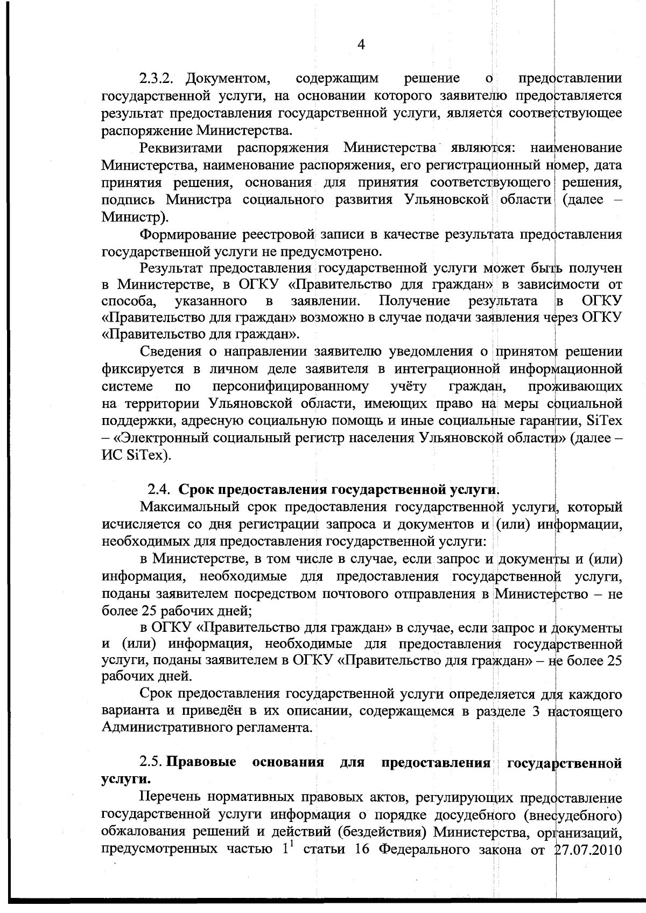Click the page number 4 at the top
[x=361, y=45]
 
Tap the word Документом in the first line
[x=228, y=79]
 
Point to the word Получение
[x=415, y=300]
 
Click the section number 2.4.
[x=160, y=490]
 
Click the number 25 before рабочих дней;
[x=149, y=610]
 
